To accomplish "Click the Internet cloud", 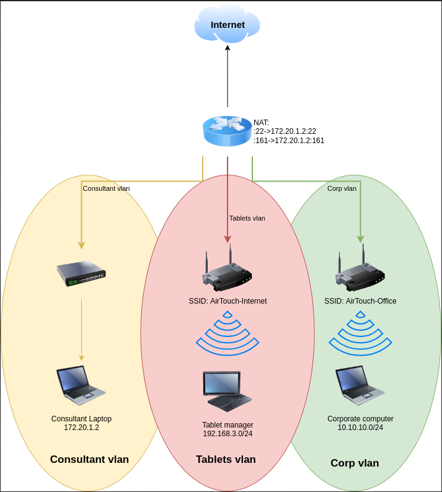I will pos(227,25).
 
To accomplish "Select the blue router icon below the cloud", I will pos(227,131).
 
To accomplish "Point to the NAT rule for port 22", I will pos(285,131).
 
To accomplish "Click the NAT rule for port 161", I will pos(289,141).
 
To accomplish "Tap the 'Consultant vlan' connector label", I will pos(106,188).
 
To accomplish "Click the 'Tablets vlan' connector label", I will pos(247,218).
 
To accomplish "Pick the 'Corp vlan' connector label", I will pos(342,188).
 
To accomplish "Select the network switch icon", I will pos(81,273).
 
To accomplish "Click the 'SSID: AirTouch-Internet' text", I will pos(228,301).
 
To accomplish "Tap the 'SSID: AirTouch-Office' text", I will pos(360,301).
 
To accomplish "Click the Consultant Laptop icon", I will pos(81,385).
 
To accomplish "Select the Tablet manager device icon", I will pos(227,391).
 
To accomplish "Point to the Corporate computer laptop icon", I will pos(360,385).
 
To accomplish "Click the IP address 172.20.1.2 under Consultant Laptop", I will pos(81,428).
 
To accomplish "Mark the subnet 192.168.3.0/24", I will pos(228,434).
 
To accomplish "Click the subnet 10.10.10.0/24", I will pos(360,428).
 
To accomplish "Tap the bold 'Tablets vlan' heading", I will pos(226,459).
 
